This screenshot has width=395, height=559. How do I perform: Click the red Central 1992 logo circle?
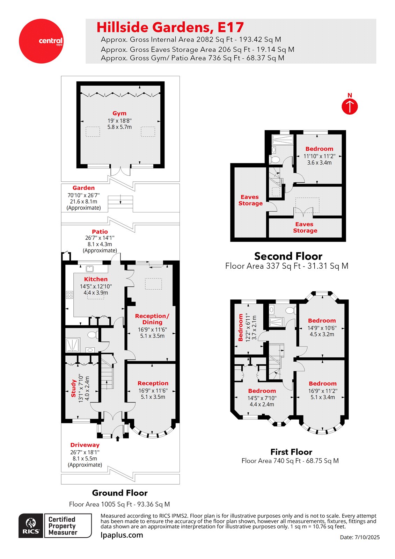(41, 41)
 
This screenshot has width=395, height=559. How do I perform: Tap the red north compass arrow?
(350, 106)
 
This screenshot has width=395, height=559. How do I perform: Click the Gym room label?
(119, 114)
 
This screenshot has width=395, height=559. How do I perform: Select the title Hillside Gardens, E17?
(170, 27)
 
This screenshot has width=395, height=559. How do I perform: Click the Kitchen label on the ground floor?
(96, 279)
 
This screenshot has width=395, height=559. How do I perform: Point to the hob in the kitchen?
(70, 295)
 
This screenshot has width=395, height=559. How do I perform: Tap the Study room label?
(74, 388)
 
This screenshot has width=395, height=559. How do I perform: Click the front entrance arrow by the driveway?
(117, 438)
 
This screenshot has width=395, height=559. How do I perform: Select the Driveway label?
(85, 445)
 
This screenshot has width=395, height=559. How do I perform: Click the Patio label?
(100, 232)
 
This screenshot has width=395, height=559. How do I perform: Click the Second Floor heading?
(288, 256)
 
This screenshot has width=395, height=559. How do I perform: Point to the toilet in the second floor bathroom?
(275, 160)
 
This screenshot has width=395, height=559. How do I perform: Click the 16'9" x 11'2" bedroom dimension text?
(322, 391)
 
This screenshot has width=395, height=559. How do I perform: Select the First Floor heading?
(291, 452)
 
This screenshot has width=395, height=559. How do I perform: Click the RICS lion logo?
(31, 525)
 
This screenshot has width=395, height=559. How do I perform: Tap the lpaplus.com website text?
(122, 535)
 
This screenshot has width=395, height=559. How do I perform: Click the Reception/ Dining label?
(152, 319)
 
